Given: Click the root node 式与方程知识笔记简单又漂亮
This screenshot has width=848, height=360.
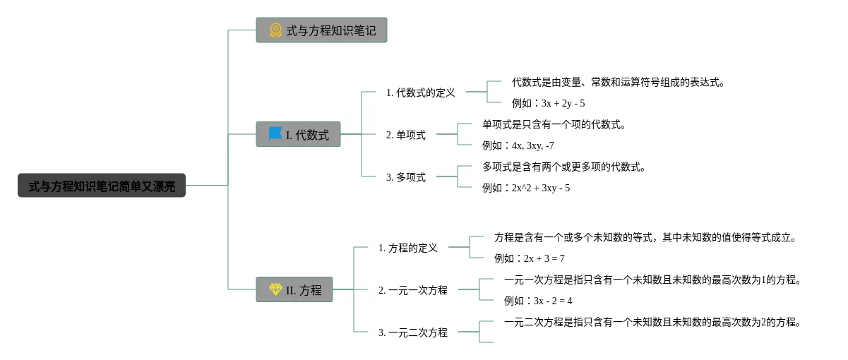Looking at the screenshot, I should coord(102,186).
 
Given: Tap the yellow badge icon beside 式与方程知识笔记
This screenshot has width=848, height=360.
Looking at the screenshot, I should coord(275,30).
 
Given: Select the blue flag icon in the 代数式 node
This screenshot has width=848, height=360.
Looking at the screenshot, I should coord(275,133).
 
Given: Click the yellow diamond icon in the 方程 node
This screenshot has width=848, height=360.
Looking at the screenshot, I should coord(275,289).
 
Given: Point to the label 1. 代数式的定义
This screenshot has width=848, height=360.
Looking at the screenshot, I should coord(421,92).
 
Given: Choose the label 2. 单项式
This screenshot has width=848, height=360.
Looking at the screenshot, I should coord(406,135).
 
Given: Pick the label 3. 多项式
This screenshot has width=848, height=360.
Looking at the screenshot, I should coord(406,177).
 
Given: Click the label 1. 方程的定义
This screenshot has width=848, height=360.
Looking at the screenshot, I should coord(408,248).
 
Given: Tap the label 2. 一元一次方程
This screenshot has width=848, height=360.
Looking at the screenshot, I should coord(413,290).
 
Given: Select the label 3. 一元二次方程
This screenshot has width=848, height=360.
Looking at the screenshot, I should coord(413,332).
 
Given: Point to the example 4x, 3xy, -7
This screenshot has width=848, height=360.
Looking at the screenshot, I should coord(518,145).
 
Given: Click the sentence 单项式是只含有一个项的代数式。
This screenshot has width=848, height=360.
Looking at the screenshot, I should coord(554,125).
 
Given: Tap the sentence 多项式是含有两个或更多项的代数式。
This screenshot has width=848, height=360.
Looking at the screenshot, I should coord(564,167).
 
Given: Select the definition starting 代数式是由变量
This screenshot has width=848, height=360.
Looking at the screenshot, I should coord(619,83).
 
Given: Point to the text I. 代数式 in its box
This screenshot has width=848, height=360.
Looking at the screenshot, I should coord(307,135).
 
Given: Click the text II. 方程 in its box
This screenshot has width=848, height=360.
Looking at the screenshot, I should coord(304,290).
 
